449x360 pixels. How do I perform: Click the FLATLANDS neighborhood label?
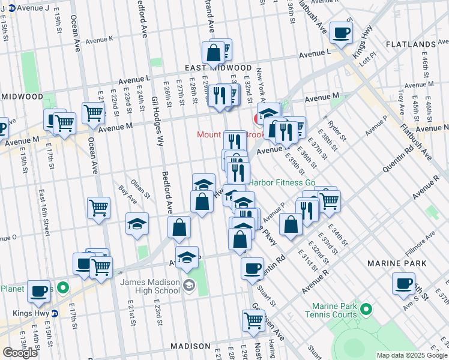click(411, 45)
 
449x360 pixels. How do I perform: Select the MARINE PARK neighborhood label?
click(398, 263)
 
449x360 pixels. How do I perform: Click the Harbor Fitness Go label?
click(282, 182)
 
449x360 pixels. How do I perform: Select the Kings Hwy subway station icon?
click(55, 313)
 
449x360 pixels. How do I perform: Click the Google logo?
click(19, 352)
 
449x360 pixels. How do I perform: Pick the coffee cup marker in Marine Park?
click(403, 283)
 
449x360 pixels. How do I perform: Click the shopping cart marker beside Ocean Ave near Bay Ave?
click(98, 208)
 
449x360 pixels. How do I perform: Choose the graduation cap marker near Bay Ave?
click(137, 224)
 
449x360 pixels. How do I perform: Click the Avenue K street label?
click(99, 40)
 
